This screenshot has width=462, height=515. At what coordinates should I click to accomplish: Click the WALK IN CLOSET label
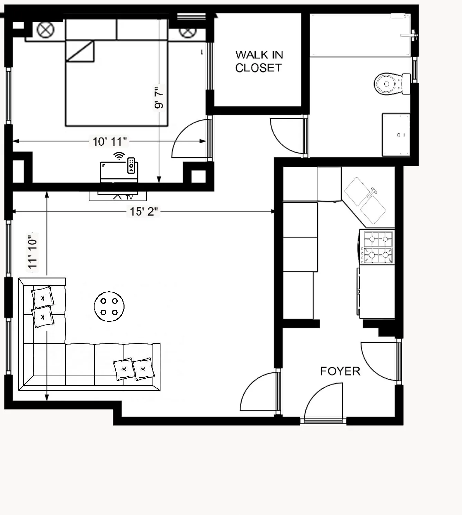coord(259,61)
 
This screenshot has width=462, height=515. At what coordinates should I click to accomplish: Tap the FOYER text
coord(340,371)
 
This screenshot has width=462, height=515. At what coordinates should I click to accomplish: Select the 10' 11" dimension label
coord(109,142)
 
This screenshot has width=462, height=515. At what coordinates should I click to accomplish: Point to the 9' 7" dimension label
coord(159,98)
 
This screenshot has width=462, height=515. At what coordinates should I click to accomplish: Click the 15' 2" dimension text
coord(144,211)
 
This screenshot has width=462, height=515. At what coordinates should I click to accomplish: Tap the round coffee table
coord(109,307)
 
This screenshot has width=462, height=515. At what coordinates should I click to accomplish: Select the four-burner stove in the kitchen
coord(377,247)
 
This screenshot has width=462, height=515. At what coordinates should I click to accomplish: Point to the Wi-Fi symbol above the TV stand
coord(119,156)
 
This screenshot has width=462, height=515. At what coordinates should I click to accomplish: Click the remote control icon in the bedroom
coord(131,165)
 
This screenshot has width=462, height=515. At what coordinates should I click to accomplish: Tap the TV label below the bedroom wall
coord(129,197)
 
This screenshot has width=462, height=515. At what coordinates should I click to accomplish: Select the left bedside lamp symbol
coord(46,30)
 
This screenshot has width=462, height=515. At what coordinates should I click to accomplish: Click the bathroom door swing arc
coord(286,136)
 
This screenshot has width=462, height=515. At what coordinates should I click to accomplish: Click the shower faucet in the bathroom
coord(411,35)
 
